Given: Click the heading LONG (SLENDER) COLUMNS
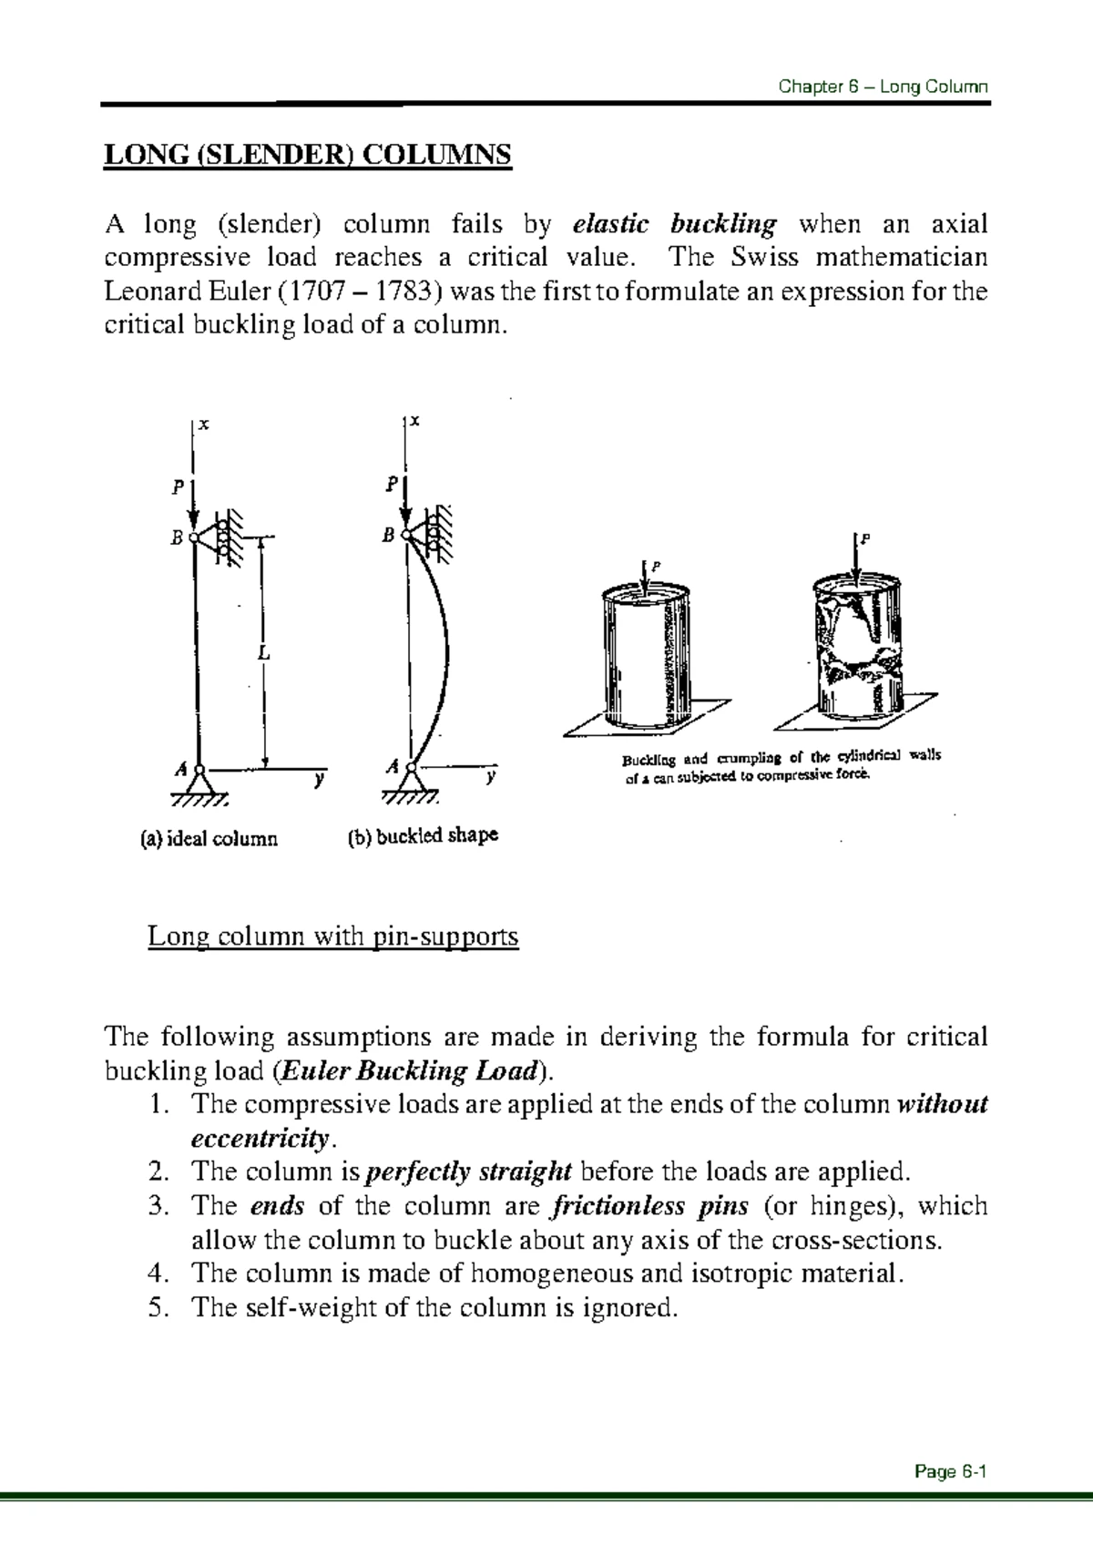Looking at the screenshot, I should pyautogui.click(x=309, y=156).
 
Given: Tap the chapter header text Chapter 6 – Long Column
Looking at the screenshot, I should pyautogui.click(x=883, y=87).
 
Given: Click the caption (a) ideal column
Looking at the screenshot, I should pyautogui.click(x=209, y=838).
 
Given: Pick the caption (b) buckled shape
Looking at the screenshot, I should pyautogui.click(x=423, y=835).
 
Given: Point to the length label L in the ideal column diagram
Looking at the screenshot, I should pyautogui.click(x=263, y=654).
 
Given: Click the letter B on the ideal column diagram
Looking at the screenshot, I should pyautogui.click(x=177, y=538).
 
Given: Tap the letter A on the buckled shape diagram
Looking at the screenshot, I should pyautogui.click(x=393, y=767).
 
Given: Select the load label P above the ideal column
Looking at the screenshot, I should pyautogui.click(x=179, y=486).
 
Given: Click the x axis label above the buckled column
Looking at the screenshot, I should pyautogui.click(x=414, y=421).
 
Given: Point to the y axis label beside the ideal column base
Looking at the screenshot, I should pyautogui.click(x=319, y=780).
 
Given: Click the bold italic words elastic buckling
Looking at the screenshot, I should pyautogui.click(x=675, y=223).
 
